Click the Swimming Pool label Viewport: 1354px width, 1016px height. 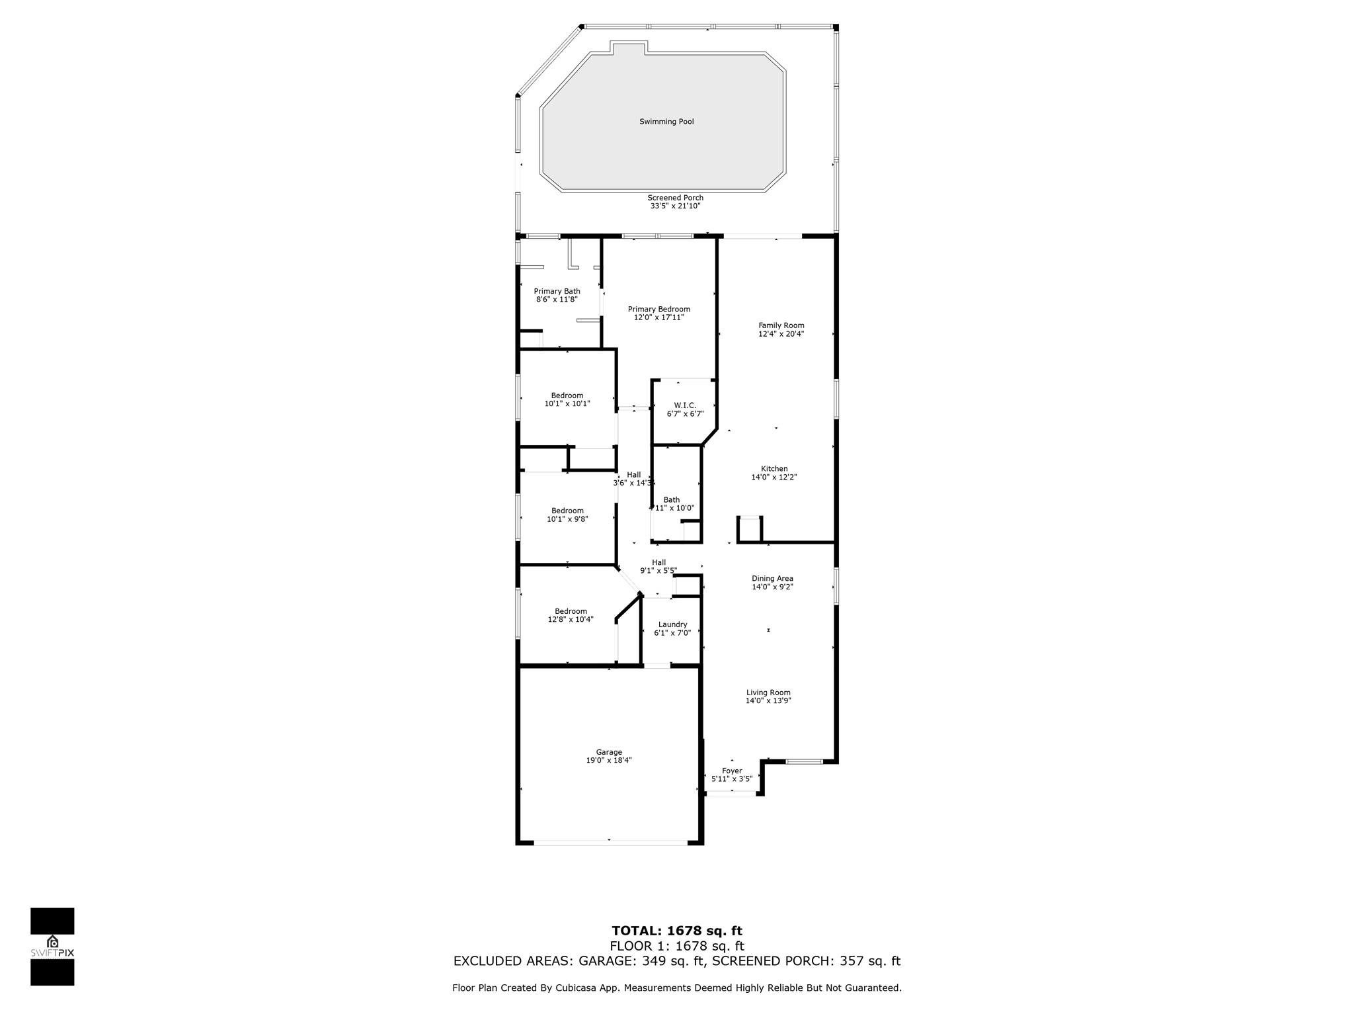pos(666,122)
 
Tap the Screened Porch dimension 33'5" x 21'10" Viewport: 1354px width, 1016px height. pos(675,206)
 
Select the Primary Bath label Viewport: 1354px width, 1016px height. pos(557,291)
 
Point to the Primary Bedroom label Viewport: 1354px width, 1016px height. pos(659,309)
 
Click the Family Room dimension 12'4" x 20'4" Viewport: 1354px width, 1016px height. pos(781,334)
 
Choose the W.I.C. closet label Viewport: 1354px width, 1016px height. pos(685,405)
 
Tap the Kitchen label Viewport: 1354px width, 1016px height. pos(774,469)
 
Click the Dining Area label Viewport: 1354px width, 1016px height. pos(772,579)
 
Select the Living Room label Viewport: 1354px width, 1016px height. pos(768,693)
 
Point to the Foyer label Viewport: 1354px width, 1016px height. pos(732,771)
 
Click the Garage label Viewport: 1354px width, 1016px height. pos(609,752)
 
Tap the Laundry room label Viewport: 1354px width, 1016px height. pos(672,624)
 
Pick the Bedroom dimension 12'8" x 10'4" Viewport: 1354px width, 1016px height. pos(571,620)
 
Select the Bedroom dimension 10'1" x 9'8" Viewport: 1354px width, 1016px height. pos(567,519)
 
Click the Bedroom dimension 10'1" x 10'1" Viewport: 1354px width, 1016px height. pos(567,403)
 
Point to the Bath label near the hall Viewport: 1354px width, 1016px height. pos(672,500)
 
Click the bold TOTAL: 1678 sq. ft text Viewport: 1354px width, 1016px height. pos(677,931)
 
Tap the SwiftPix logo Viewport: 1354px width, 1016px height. pos(52,947)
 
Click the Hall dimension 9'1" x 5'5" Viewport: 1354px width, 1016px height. pos(658,571)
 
